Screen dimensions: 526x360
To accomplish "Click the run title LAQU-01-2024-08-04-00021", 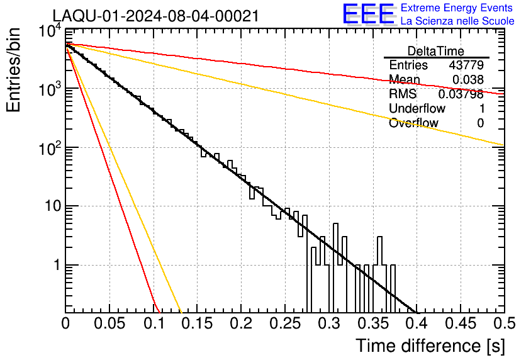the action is [155, 16].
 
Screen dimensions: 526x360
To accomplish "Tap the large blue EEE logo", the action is [369, 14].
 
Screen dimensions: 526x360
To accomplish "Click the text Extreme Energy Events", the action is [457, 8].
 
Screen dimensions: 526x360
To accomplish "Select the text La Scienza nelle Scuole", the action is [457, 21].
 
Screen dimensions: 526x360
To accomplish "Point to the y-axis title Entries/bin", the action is [13, 70].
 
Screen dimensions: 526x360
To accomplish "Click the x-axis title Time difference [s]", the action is [430, 346].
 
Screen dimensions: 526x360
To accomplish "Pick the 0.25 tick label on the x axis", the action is [285, 323].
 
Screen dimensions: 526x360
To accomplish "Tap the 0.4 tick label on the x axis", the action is [416, 323].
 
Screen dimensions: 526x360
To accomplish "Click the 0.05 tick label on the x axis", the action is [109, 323].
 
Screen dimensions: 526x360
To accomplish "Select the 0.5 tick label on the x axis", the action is [504, 323].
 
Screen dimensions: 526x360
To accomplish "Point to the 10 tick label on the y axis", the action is [53, 206].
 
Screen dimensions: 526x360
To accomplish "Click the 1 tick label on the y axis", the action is [57, 265].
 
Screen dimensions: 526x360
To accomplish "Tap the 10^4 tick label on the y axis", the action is [50, 32].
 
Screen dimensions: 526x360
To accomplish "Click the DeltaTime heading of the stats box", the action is [436, 52].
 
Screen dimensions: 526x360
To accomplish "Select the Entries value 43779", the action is [466, 65].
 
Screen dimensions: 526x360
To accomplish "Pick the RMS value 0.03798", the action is [461, 94].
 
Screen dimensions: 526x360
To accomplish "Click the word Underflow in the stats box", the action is [417, 108].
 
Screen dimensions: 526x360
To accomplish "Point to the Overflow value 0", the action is [480, 123].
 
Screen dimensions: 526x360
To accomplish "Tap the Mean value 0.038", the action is [468, 80].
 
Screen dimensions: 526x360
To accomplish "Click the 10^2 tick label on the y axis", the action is [50, 149].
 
